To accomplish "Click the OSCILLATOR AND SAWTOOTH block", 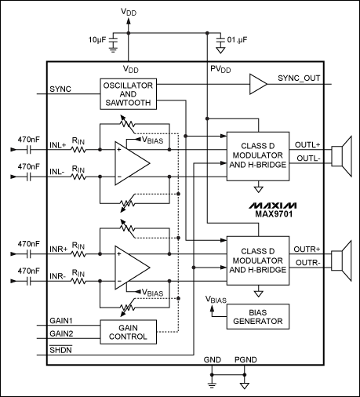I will [128, 94].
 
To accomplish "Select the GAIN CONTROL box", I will [128, 331].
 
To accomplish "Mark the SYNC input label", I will [60, 89].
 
